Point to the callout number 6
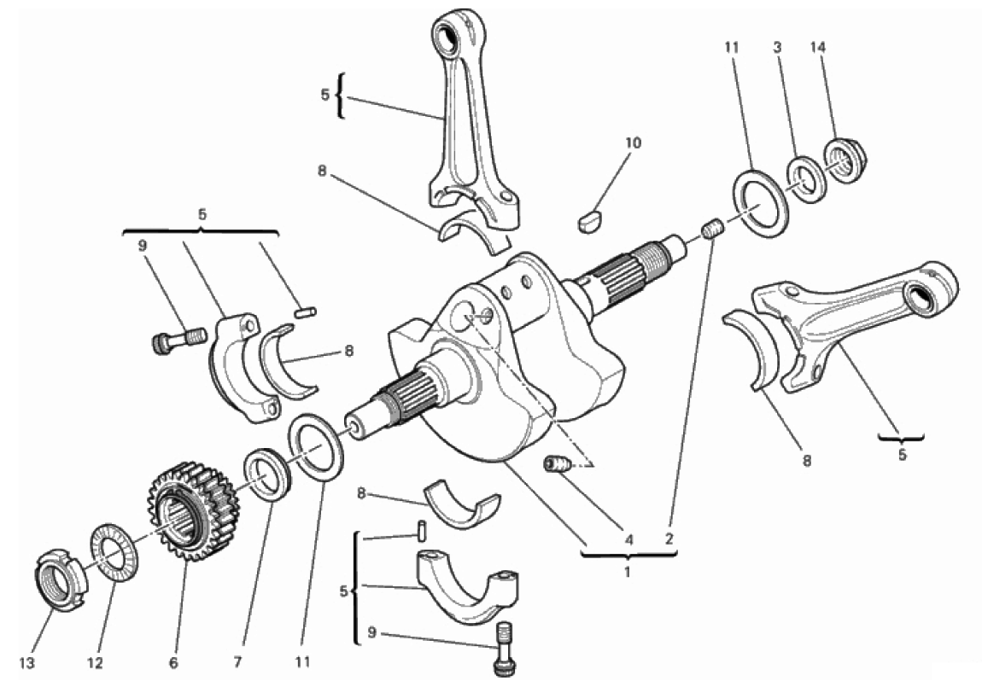tap(176, 662)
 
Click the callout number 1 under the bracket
tap(627, 573)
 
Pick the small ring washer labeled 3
tap(805, 178)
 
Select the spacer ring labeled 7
tap(269, 474)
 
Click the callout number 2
tap(669, 539)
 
